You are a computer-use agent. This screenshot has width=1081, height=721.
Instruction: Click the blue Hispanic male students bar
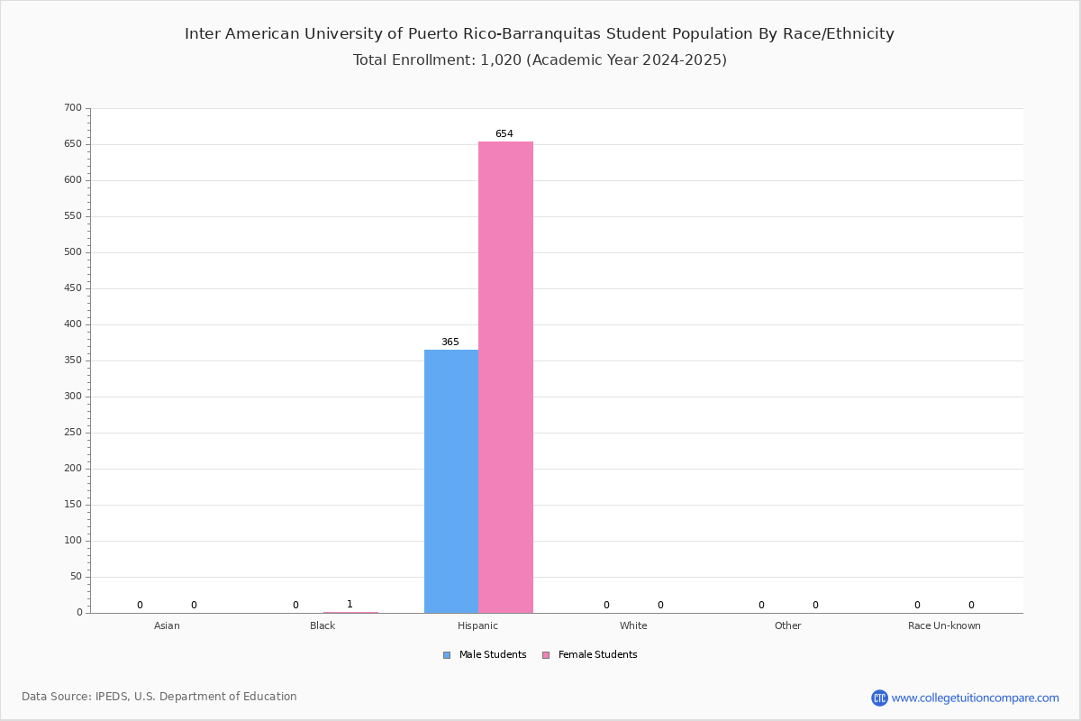pyautogui.click(x=451, y=481)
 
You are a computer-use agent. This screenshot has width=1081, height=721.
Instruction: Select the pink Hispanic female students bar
pyautogui.click(x=505, y=377)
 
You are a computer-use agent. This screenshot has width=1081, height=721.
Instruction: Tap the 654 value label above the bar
pyautogui.click(x=504, y=133)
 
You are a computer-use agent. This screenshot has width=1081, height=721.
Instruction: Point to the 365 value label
pyautogui.click(x=450, y=342)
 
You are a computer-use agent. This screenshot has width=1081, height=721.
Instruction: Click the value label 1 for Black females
pyautogui.click(x=350, y=604)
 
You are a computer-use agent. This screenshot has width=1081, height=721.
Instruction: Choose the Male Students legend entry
pyautogui.click(x=485, y=655)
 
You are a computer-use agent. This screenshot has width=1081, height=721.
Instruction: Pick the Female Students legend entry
pyautogui.click(x=590, y=655)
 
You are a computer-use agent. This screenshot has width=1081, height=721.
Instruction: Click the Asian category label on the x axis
pyautogui.click(x=167, y=625)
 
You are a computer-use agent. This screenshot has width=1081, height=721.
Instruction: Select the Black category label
pyautogui.click(x=322, y=625)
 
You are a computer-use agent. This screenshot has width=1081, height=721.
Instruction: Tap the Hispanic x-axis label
pyautogui.click(x=477, y=625)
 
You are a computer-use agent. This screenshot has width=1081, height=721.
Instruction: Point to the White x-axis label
pyautogui.click(x=633, y=625)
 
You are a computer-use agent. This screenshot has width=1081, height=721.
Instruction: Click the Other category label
pyautogui.click(x=788, y=625)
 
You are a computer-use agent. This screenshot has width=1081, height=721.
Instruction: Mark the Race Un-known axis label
pyautogui.click(x=944, y=625)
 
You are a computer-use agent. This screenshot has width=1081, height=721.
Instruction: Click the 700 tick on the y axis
pyautogui.click(x=73, y=107)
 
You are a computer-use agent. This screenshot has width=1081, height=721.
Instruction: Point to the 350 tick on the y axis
pyautogui.click(x=73, y=360)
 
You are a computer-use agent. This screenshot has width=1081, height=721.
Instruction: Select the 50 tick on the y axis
pyautogui.click(x=77, y=577)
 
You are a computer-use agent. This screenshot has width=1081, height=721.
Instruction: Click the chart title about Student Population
pyautogui.click(x=540, y=34)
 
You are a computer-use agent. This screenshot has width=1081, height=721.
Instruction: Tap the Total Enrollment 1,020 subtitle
pyautogui.click(x=540, y=59)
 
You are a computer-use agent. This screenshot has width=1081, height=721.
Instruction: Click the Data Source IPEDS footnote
pyautogui.click(x=159, y=697)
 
